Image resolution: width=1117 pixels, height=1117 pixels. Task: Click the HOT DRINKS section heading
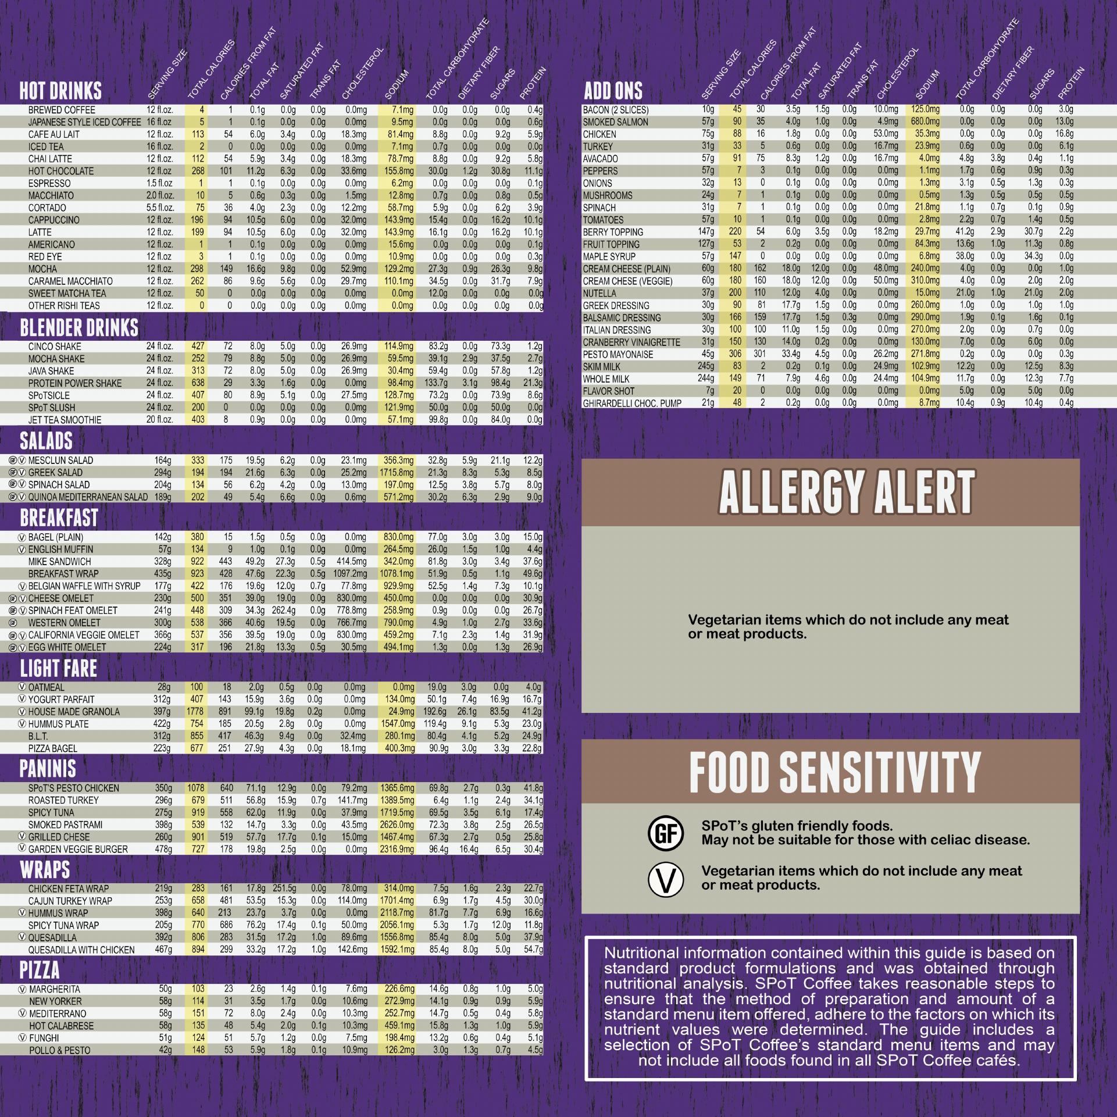pos(60,91)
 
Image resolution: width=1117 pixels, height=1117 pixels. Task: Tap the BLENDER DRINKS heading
pos(79,328)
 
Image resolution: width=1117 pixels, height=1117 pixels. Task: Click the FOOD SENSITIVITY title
pos(835,771)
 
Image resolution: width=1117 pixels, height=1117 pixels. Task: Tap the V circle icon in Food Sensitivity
pos(665,879)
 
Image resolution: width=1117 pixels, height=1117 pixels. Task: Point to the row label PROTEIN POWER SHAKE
pos(75,383)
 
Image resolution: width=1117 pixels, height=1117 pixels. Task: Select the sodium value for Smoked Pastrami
pos(397,825)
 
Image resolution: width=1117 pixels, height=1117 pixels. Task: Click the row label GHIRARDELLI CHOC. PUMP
pos(632,403)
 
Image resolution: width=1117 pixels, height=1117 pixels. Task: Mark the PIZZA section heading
pos(40,970)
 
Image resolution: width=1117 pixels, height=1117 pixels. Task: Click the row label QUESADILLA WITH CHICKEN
pos(81,950)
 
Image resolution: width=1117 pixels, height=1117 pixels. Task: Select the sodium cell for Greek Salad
pos(397,473)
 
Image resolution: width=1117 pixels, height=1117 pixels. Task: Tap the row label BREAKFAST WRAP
pos(59,573)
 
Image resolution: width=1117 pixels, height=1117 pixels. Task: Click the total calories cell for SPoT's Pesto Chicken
pos(196,788)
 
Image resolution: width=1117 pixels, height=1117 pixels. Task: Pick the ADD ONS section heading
pos(613,91)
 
